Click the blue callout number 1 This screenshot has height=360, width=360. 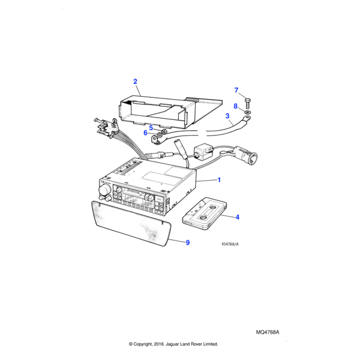click(x=219, y=180)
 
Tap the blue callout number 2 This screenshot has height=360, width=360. click(x=135, y=82)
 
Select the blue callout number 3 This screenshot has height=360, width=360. click(x=227, y=116)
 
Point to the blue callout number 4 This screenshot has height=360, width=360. click(x=238, y=217)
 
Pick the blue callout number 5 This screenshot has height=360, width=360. click(x=151, y=128)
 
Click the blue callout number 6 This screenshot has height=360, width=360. click(x=145, y=133)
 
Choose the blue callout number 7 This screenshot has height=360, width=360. click(x=236, y=90)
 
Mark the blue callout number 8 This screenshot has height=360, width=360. click(x=236, y=106)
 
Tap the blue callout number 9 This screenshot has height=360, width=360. click(x=188, y=242)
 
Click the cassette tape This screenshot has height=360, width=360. click(x=205, y=214)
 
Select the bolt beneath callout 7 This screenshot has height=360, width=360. click(x=247, y=104)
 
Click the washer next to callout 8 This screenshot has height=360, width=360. click(x=247, y=113)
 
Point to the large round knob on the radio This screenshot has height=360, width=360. click(x=104, y=190)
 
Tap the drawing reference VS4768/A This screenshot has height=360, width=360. click(x=230, y=244)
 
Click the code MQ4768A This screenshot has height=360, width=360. click(x=268, y=332)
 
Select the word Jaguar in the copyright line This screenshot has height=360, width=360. click(x=172, y=344)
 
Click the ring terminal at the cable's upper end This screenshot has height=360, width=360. click(x=247, y=119)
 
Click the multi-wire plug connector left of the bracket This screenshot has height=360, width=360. click(x=107, y=127)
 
